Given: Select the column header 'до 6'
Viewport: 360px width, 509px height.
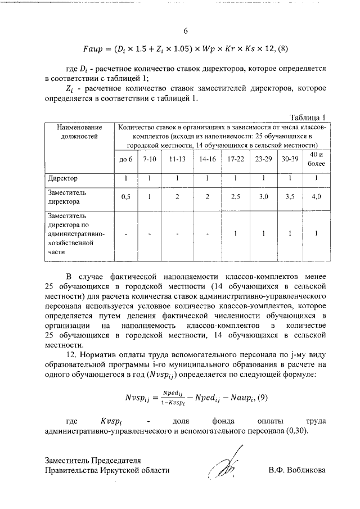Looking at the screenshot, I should [127, 159].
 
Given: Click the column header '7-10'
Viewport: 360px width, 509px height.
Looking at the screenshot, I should [150, 159].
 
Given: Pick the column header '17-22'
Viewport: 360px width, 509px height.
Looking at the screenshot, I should [235, 159].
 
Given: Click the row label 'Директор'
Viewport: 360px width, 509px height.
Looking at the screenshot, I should [62, 179].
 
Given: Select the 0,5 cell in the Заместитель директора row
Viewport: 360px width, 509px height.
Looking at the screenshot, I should [127, 197].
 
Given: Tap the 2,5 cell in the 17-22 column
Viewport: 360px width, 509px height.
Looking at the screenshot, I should [235, 197].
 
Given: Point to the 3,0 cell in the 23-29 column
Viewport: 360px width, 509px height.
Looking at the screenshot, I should [263, 197].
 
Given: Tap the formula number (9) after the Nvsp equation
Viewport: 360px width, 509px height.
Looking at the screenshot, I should [260, 398].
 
